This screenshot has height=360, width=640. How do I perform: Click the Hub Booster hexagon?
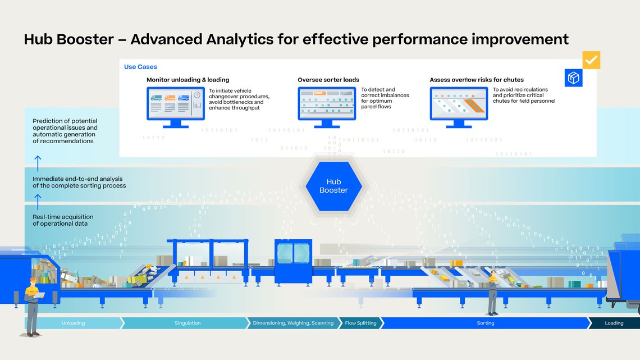coord(333,186)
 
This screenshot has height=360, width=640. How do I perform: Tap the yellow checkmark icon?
coord(591,60)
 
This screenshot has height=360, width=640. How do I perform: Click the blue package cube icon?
coord(573,78)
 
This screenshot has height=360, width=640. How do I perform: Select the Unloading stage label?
coord(73,323)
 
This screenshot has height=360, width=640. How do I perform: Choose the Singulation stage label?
coord(187,323)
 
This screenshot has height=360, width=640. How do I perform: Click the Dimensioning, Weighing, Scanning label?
coord(293,323)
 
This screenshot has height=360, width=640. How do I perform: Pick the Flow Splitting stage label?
coord(360,323)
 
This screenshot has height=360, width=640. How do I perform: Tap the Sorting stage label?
coord(485,323)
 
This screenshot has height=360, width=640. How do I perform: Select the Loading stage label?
coord(614,323)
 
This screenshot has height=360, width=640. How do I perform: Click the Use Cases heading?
coord(140,67)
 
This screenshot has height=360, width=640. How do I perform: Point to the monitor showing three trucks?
coord(175,104)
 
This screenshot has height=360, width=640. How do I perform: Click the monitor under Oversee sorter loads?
coord(326,104)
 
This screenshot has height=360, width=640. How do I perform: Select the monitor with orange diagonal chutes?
coord(458,104)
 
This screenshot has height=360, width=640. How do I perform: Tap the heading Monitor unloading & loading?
coord(188,80)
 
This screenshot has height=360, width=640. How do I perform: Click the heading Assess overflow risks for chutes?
coord(476,80)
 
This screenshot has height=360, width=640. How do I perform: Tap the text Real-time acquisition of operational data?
coord(63,220)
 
